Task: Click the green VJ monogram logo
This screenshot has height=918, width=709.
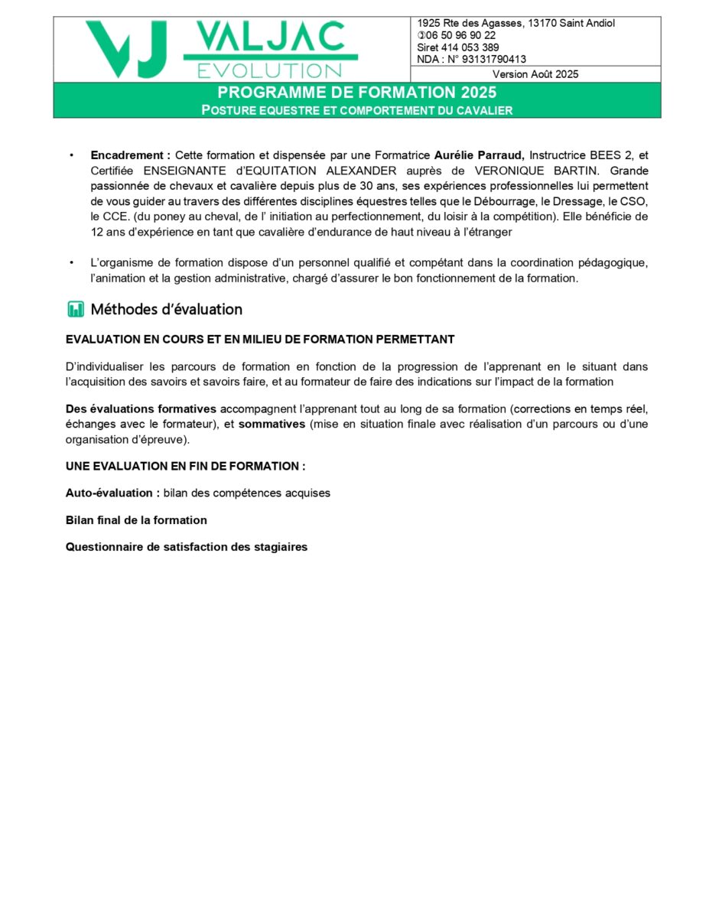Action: coord(126,49)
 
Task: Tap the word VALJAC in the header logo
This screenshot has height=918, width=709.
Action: coord(270,37)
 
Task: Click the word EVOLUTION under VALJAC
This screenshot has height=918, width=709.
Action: coord(270,70)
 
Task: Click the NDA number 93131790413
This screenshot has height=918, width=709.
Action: coord(494,59)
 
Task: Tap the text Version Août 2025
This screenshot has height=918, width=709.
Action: coord(535,74)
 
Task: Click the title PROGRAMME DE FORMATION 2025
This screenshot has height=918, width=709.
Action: coord(356,93)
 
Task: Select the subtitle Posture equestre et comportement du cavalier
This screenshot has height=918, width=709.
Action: coord(356,110)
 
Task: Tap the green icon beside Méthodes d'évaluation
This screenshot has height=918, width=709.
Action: coord(75,310)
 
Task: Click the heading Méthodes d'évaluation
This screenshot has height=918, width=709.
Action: coord(166,310)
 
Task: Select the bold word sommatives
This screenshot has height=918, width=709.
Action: coord(272,425)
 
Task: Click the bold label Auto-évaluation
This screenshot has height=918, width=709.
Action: coord(112,493)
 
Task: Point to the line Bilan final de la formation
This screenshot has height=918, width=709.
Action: coord(136,520)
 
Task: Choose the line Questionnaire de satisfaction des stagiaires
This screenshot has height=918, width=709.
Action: coord(187,547)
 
